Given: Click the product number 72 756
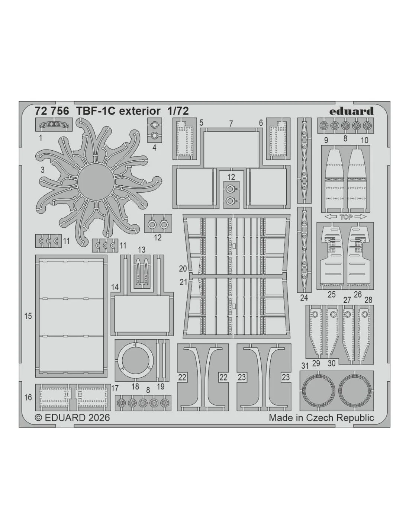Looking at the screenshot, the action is point(52,111).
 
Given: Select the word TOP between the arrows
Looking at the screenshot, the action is point(346,217).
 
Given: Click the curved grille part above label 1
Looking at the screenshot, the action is point(54,125).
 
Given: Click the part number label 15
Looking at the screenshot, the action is point(28,316).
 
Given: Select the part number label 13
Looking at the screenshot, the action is point(142,250).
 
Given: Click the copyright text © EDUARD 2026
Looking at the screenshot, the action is point(73,417).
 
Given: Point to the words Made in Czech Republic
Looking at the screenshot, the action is point(321,418).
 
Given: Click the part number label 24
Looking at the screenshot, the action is point(304,298).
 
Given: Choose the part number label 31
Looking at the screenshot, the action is point(305,366).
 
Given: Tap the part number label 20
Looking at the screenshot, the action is point(183,269).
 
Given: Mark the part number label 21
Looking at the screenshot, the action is point(183,282).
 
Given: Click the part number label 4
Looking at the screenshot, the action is point(155,147).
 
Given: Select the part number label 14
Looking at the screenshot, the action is point(115,287).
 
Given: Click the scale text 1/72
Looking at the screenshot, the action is point(178,111).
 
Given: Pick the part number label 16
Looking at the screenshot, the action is point(28,397).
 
